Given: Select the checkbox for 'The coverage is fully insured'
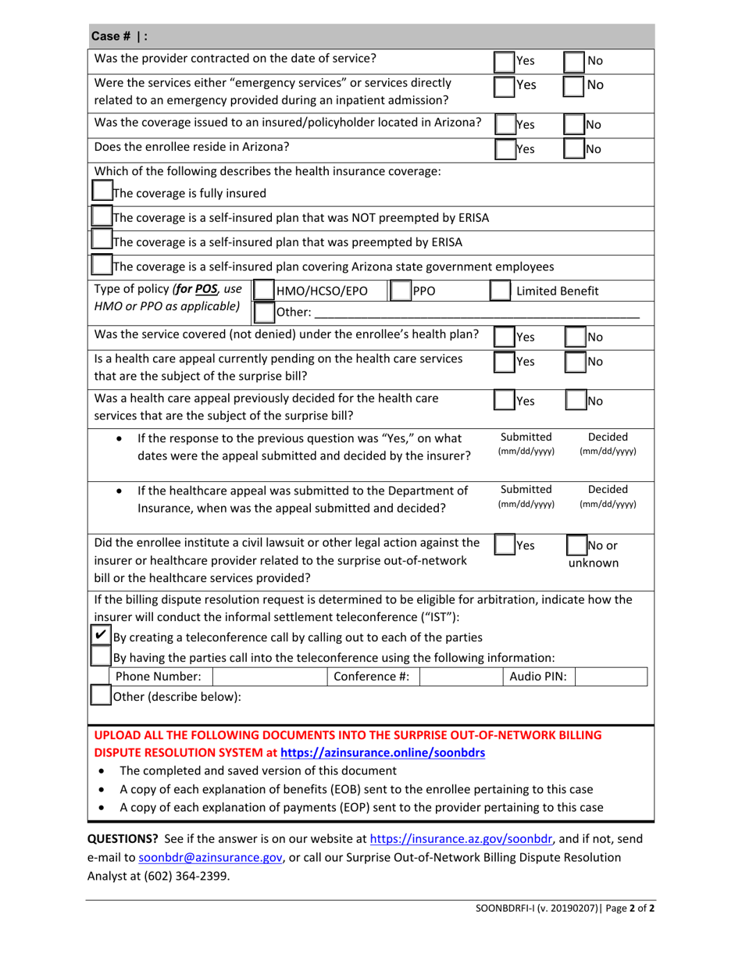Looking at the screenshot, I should pyautogui.click(x=102, y=191).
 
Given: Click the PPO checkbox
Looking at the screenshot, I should pyautogui.click(x=399, y=291).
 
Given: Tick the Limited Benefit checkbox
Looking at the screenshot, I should pyautogui.click(x=501, y=291).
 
